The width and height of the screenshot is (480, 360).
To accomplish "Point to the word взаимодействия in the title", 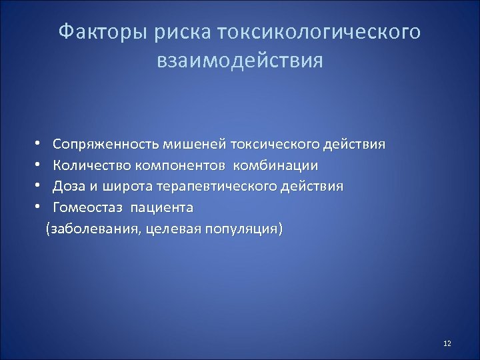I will (x=239, y=61).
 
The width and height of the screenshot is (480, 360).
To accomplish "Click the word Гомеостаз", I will (x=88, y=207).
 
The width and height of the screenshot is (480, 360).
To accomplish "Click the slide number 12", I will (x=447, y=343).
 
